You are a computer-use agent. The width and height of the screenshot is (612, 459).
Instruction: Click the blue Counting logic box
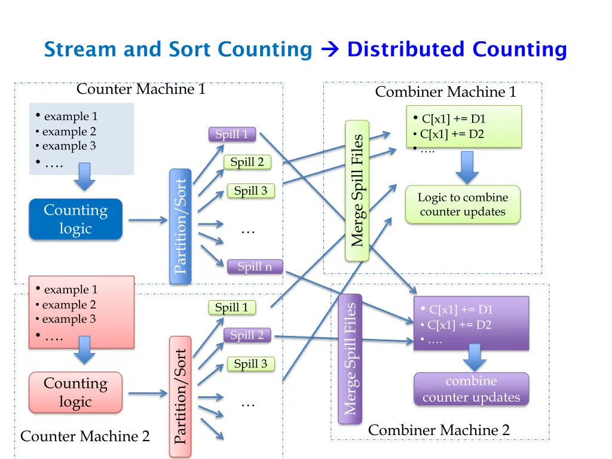pos(75,219)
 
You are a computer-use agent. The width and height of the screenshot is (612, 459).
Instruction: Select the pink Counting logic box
pos(75,392)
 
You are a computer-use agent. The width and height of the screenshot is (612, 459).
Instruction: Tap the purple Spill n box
pos(255,267)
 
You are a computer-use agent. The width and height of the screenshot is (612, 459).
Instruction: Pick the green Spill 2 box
pos(247,162)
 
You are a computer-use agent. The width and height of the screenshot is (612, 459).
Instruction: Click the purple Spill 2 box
pos(247,335)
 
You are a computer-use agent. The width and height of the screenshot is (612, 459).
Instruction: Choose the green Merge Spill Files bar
pos(357,191)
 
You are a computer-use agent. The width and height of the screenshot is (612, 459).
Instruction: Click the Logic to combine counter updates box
pos(463,204)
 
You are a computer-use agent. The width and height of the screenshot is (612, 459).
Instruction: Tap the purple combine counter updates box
pos(471,389)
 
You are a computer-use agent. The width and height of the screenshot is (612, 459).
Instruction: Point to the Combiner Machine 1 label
pos(445,92)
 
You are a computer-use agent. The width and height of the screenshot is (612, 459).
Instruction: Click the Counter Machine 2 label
pos(85,436)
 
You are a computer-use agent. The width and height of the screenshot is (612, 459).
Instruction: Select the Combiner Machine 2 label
pos(439,430)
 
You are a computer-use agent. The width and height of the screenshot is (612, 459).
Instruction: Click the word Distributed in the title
pos(405,49)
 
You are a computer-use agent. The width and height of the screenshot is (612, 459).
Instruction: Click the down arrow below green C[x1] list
pos(467,167)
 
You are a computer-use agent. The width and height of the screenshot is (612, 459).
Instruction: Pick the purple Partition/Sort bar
pos(181,226)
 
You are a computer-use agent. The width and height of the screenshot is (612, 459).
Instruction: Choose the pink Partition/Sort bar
pos(180,397)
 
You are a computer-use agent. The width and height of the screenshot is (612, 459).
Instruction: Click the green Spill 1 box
pos(231,308)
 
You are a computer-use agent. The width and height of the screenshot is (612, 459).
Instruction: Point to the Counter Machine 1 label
pos(141,90)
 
